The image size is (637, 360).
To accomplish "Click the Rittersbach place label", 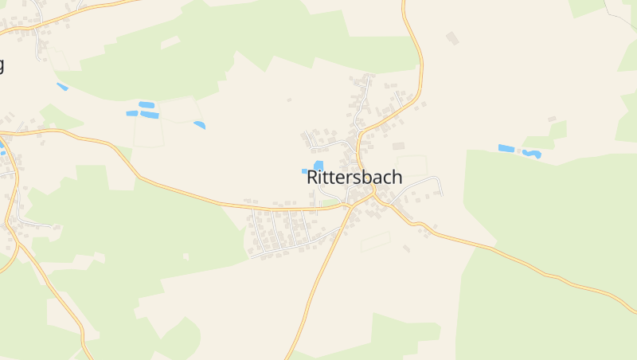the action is pyautogui.click(x=354, y=178).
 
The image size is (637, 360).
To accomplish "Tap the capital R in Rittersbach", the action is pyautogui.click(x=312, y=178).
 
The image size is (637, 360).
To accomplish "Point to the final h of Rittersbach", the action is pyautogui.click(x=397, y=178).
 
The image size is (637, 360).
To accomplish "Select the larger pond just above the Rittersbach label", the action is pyautogui.click(x=318, y=165).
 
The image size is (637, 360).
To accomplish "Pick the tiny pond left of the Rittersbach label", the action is pyautogui.click(x=304, y=170).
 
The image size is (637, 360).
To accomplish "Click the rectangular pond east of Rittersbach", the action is pyautogui.click(x=506, y=148).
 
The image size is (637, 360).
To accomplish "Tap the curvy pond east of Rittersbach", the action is pyautogui.click(x=532, y=154).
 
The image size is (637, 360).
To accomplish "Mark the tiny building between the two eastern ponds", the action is pyautogui.click(x=518, y=149).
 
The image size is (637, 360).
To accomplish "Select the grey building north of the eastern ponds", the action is pyautogui.click(x=551, y=119).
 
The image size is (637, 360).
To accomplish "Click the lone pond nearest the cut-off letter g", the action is pyautogui.click(x=62, y=86).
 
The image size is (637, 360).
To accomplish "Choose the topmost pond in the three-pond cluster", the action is pyautogui.click(x=147, y=104).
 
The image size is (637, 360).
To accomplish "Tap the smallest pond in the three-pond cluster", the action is pyautogui.click(x=131, y=113).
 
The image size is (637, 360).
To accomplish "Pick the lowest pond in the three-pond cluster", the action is pyautogui.click(x=150, y=115).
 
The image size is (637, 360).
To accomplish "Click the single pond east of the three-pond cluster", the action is pyautogui.click(x=199, y=124).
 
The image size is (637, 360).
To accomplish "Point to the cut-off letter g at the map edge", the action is pyautogui.click(x=2, y=65).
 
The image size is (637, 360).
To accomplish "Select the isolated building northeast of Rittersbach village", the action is pyautogui.click(x=452, y=37).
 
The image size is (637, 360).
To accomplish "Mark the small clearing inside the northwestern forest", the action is pyautogui.click(x=170, y=41).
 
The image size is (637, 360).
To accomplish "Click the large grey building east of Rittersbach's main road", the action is pyautogui.click(x=398, y=147).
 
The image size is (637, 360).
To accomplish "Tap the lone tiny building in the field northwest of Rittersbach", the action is pyautogui.click(x=289, y=100).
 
